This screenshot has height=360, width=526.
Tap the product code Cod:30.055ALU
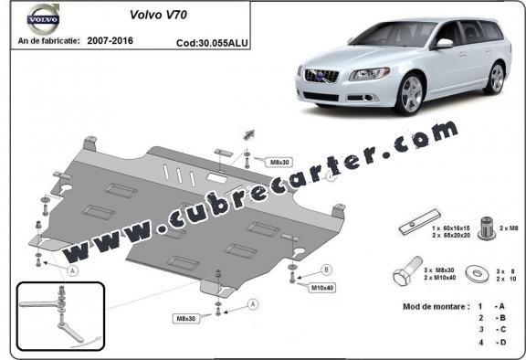coord(210,42)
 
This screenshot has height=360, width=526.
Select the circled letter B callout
coord(326,270)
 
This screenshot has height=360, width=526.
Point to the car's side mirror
coord(444,43)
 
